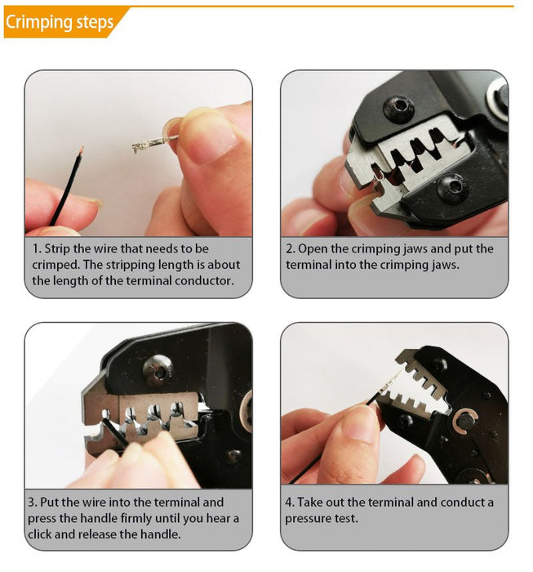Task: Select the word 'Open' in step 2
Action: coord(312,249)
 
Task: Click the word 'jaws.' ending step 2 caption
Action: coord(446,266)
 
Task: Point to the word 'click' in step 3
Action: coord(40,534)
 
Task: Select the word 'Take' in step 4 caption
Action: coord(310,503)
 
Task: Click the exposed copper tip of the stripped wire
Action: coord(81,150)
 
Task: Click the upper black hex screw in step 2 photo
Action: coord(398,107)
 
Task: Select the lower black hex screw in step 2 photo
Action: coord(452,187)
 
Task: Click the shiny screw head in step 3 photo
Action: coord(158,371)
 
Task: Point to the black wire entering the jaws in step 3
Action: coord(115,432)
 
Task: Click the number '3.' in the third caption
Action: coord(33,503)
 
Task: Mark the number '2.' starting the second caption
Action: coord(291,249)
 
